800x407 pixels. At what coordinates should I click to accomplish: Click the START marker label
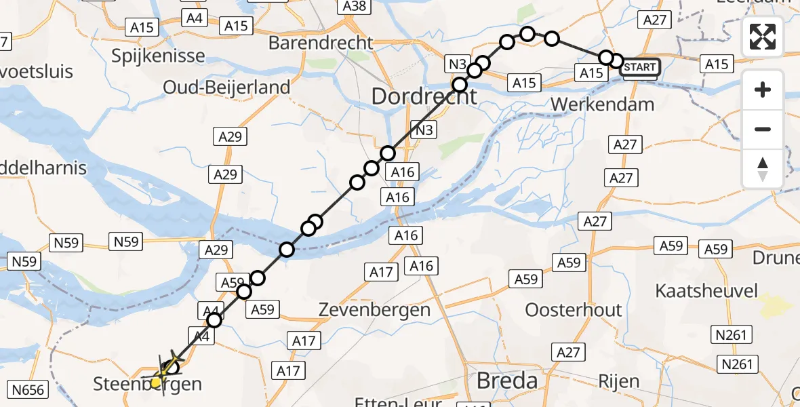[639, 67]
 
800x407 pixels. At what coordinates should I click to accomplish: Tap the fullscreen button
[763, 37]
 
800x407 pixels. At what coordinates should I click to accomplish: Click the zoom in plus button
[763, 90]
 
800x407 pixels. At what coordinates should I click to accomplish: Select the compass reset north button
[763, 169]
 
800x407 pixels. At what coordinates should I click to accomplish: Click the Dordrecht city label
[424, 96]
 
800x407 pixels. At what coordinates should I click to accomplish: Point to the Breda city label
[507, 381]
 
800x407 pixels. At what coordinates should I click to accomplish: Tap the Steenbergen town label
[147, 385]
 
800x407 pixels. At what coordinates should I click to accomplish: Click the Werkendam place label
[603, 104]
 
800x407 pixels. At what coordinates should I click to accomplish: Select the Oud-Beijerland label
[226, 87]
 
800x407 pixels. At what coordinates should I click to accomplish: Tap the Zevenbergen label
[375, 310]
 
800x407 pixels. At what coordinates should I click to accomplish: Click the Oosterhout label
[574, 310]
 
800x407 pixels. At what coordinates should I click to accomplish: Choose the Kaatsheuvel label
[706, 291]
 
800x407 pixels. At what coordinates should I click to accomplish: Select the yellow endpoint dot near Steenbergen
[156, 383]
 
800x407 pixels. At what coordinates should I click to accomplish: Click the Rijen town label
[619, 381]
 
